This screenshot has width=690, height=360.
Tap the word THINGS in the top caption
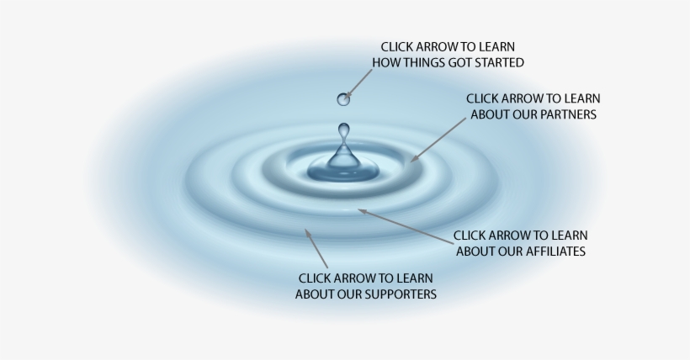pos(417,62)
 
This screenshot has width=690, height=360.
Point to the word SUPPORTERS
pos(396,294)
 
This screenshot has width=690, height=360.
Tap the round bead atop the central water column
pos(343,130)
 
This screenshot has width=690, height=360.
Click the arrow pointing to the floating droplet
pos(360,83)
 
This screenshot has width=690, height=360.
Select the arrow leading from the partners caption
pos(438,138)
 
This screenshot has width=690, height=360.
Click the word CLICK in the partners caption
pos(484,98)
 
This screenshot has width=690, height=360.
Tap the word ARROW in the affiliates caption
pos(515,235)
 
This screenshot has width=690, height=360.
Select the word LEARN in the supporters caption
pos(415,278)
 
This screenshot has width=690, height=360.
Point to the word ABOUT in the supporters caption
pos(314,294)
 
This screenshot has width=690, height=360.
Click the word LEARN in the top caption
pos(496,46)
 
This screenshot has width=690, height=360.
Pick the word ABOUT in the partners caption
pos(490,114)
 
